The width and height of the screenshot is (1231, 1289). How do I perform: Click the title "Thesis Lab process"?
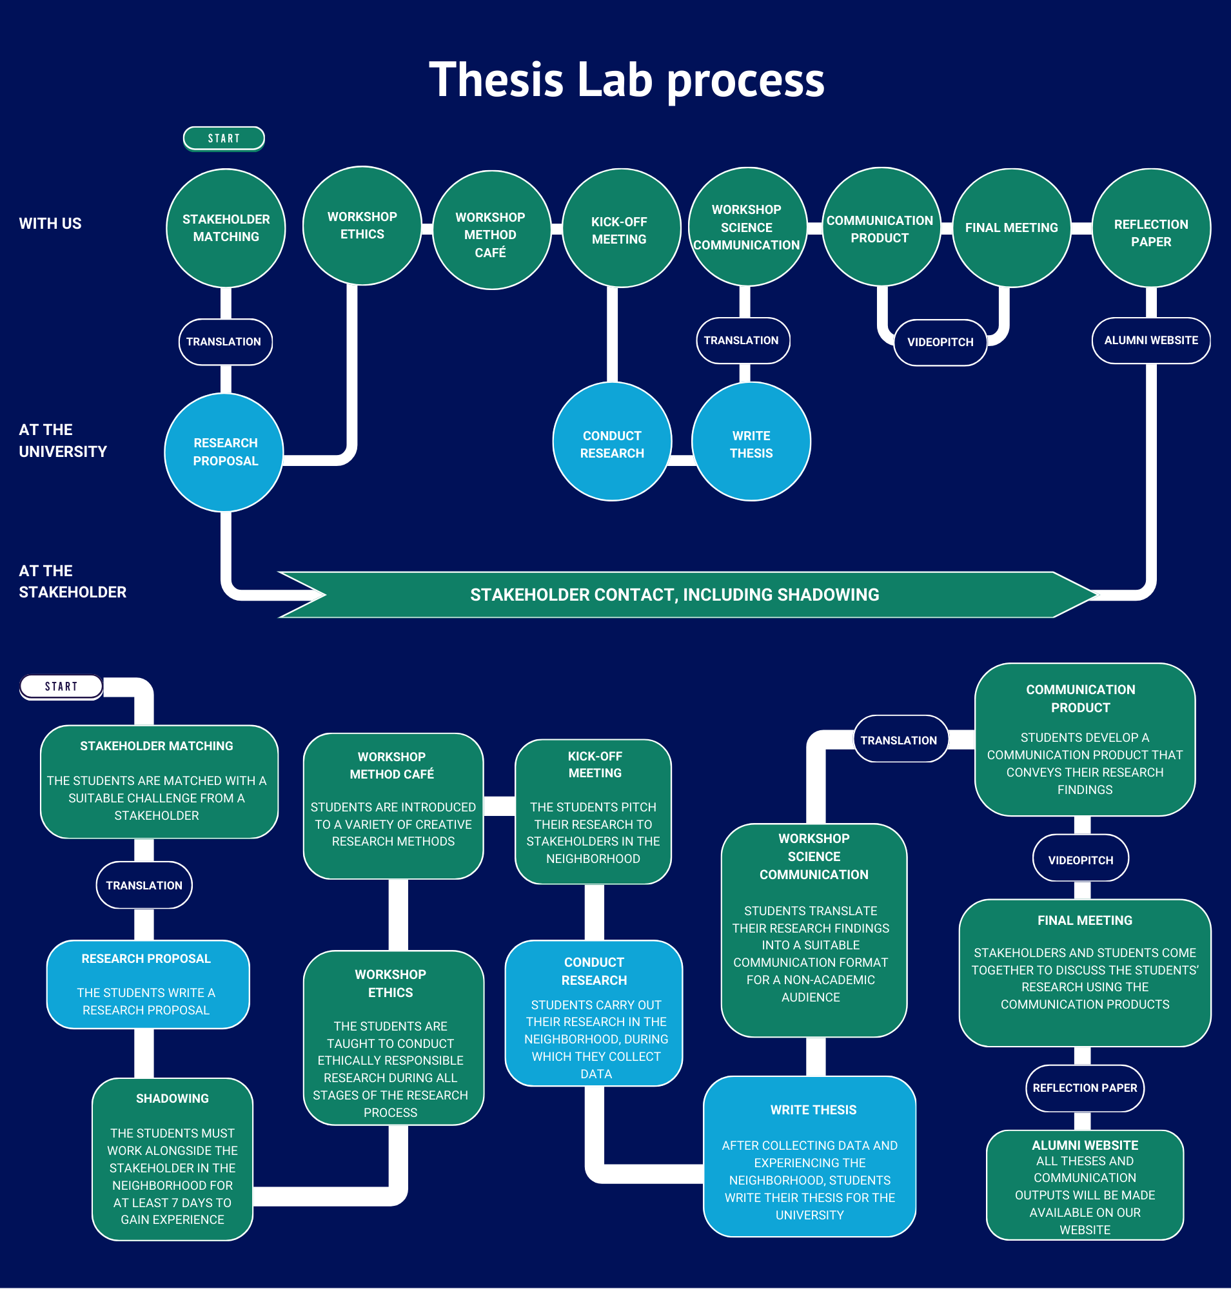[x=627, y=79]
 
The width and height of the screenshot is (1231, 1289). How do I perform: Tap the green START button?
[x=224, y=139]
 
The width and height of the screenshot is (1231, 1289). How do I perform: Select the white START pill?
[x=61, y=686]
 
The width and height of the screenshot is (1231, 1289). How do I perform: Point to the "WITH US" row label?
[x=50, y=224]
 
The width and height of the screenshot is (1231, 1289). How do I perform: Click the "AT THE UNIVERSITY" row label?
[x=63, y=441]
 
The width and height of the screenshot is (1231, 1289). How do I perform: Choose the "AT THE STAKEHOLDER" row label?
[x=73, y=581]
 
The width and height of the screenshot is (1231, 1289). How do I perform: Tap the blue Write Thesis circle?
[x=751, y=442]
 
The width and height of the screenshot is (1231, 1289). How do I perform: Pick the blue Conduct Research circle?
[x=612, y=442]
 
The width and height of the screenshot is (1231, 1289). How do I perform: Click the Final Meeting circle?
[x=1012, y=228]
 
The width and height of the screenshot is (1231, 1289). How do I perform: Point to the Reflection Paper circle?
[x=1152, y=228]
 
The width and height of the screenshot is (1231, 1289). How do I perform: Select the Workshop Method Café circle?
[x=491, y=230]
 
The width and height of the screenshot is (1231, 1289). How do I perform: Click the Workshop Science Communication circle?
[x=747, y=227]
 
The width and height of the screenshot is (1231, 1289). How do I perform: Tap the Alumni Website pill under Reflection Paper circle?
[x=1152, y=340]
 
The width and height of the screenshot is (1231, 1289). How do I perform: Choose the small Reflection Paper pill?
[x=1085, y=1089]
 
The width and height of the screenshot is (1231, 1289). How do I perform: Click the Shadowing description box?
[x=173, y=1159]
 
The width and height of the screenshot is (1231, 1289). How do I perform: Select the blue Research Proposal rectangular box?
[x=148, y=985]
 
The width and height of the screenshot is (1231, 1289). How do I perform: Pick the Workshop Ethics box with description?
[x=393, y=1038]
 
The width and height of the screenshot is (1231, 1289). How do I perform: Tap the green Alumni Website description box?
[x=1085, y=1185]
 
